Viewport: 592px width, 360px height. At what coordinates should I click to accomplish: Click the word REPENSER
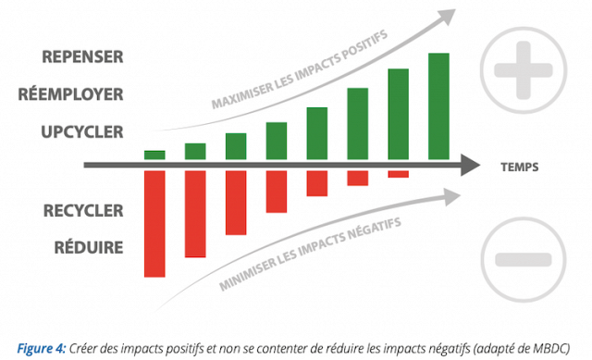[x=82, y=56]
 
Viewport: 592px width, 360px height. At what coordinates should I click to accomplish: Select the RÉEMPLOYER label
[x=70, y=94]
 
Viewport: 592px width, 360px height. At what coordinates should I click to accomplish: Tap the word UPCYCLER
[x=82, y=131]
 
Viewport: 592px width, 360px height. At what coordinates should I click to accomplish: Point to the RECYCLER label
[x=83, y=210]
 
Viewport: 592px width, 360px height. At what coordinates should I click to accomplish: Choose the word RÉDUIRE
[x=89, y=247]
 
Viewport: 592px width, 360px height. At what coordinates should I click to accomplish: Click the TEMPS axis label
[x=520, y=167]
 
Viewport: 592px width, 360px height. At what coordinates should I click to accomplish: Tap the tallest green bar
[x=438, y=106]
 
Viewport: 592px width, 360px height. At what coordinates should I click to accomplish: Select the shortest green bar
[x=154, y=155]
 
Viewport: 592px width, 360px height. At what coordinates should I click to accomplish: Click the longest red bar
[x=154, y=224]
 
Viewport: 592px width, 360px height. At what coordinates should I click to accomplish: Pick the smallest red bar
[x=399, y=174]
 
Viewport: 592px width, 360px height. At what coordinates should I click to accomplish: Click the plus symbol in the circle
[x=524, y=70]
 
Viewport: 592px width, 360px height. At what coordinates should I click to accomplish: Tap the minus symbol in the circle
[x=524, y=259]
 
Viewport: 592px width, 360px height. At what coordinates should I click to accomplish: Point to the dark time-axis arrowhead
[x=470, y=165]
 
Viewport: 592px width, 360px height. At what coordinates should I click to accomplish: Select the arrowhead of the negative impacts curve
[x=452, y=197]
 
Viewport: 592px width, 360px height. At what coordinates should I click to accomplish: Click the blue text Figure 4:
[x=42, y=348]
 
